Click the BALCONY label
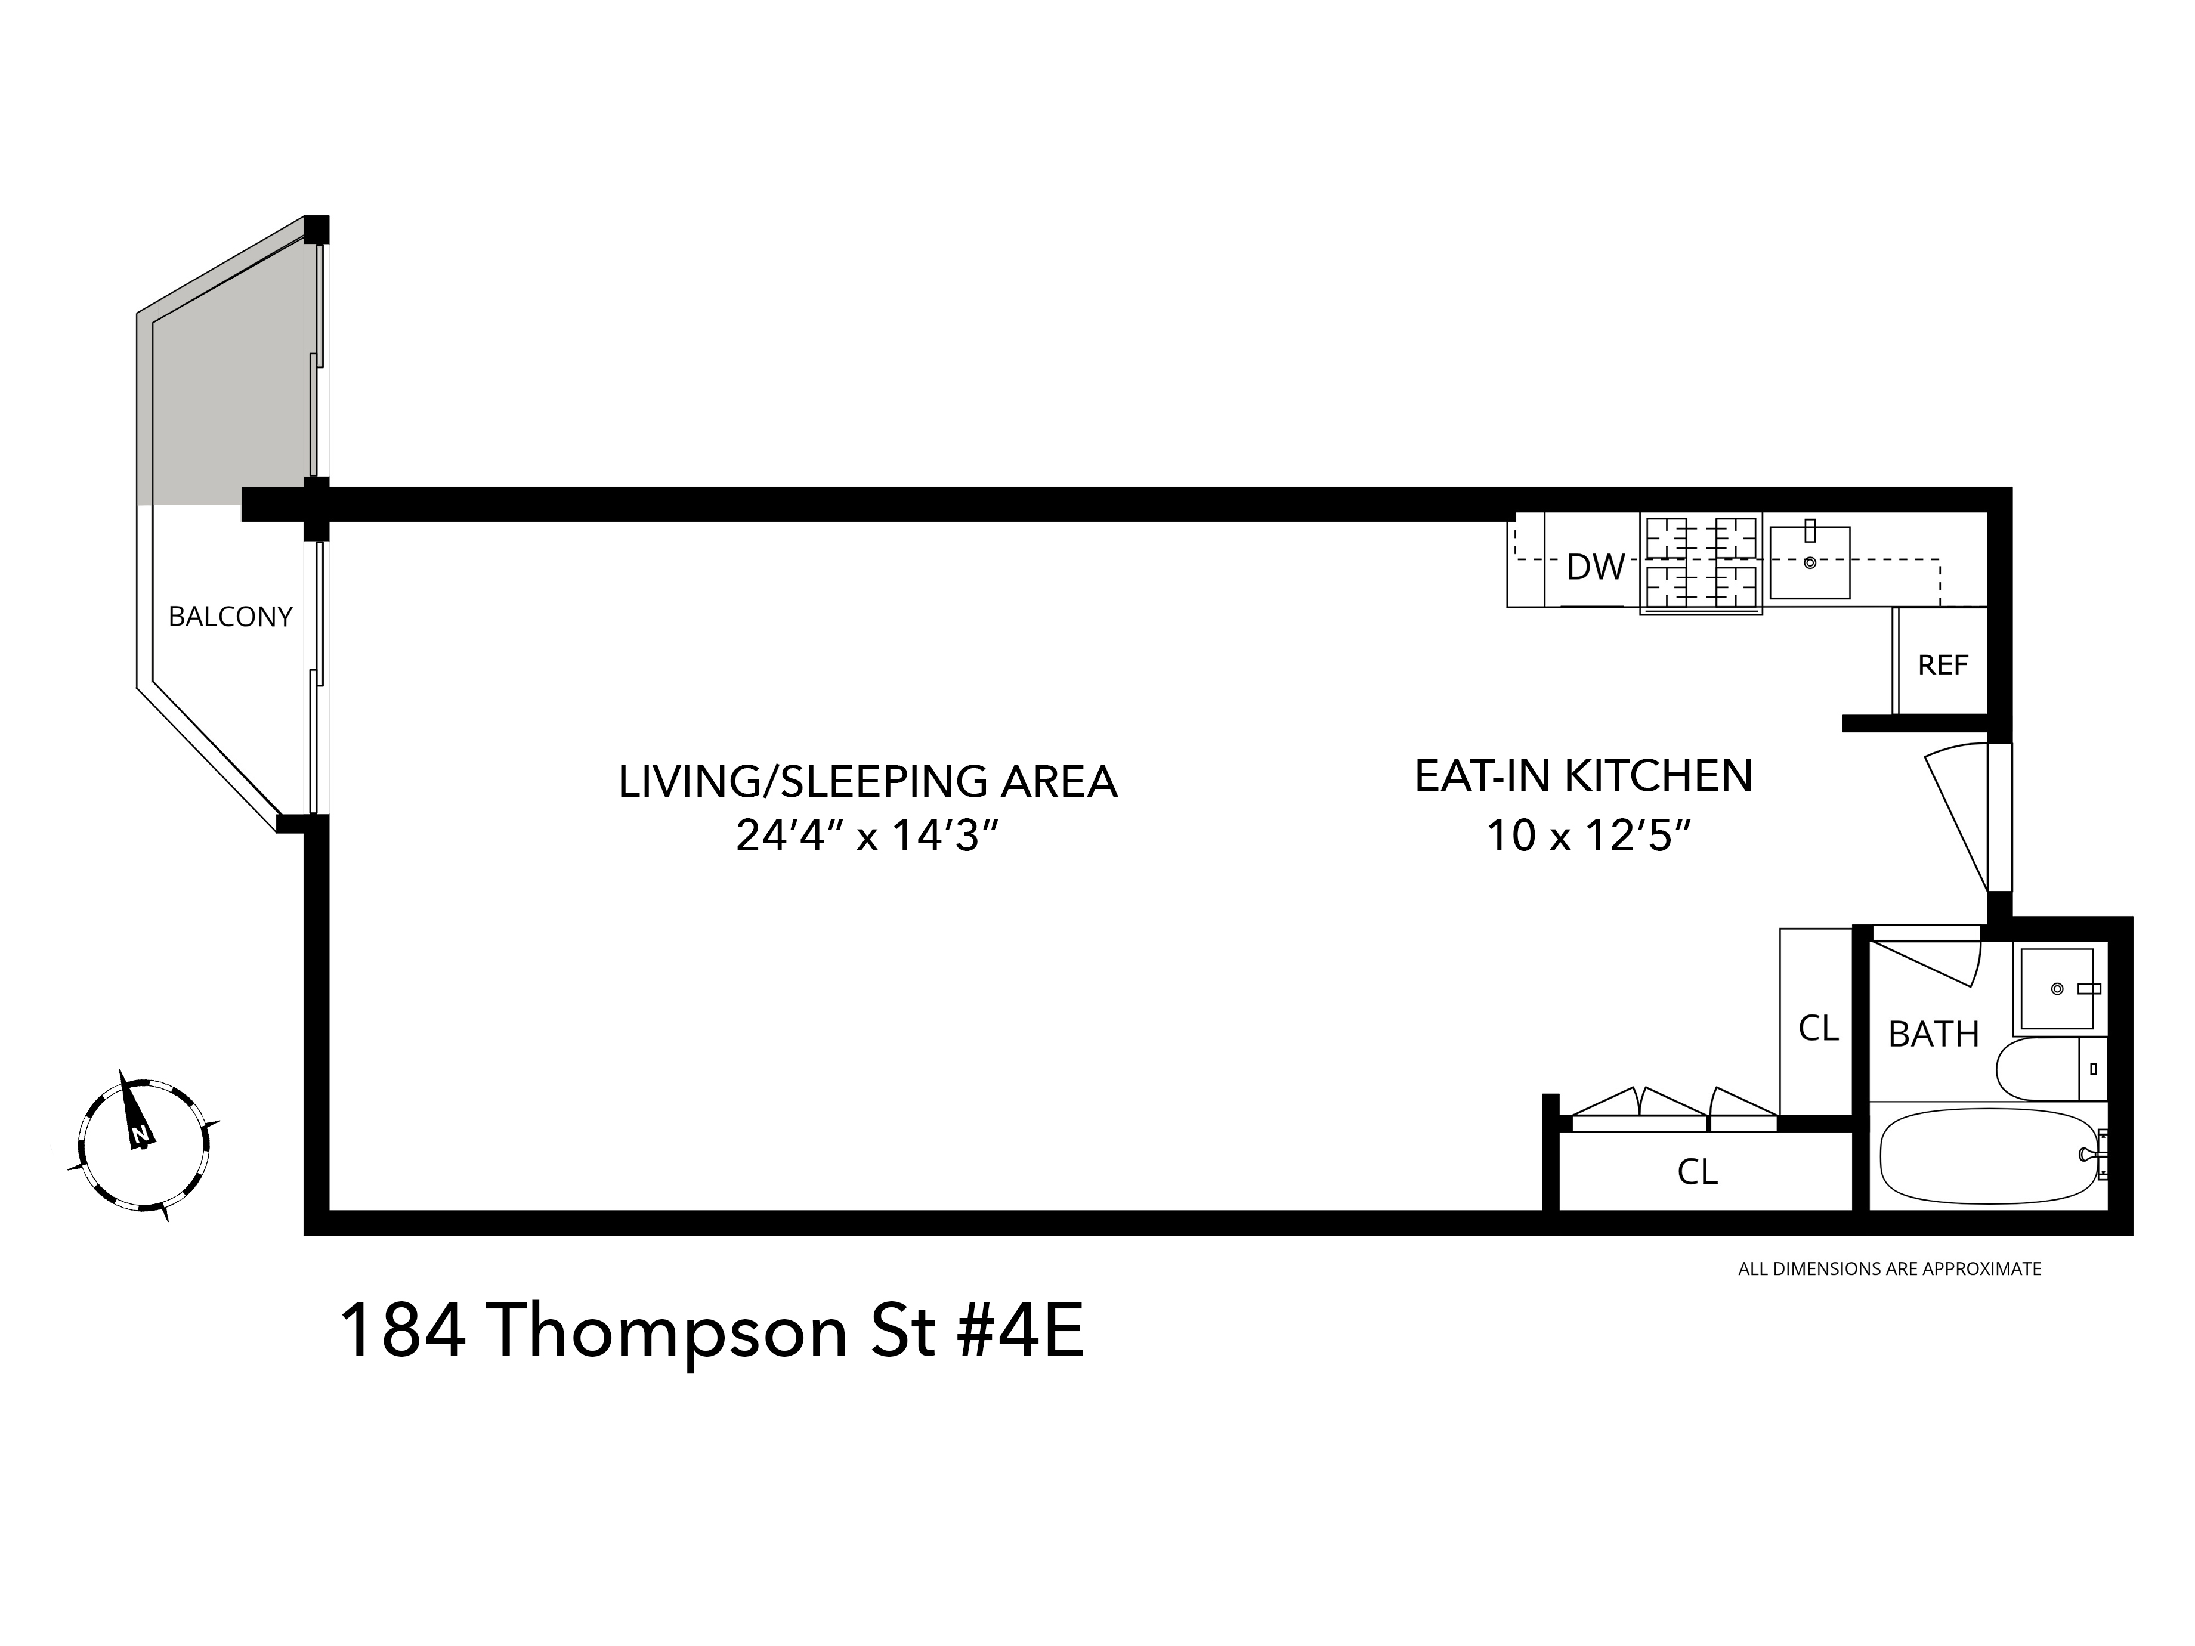[x=230, y=617]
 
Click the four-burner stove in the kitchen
[x=1701, y=562]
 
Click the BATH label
[x=1933, y=1035]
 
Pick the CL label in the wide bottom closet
[x=1697, y=1172]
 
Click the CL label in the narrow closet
[x=1818, y=1029]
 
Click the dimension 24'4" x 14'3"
[x=865, y=836]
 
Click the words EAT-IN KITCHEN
[x=1583, y=776]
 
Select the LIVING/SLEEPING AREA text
[x=867, y=782]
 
